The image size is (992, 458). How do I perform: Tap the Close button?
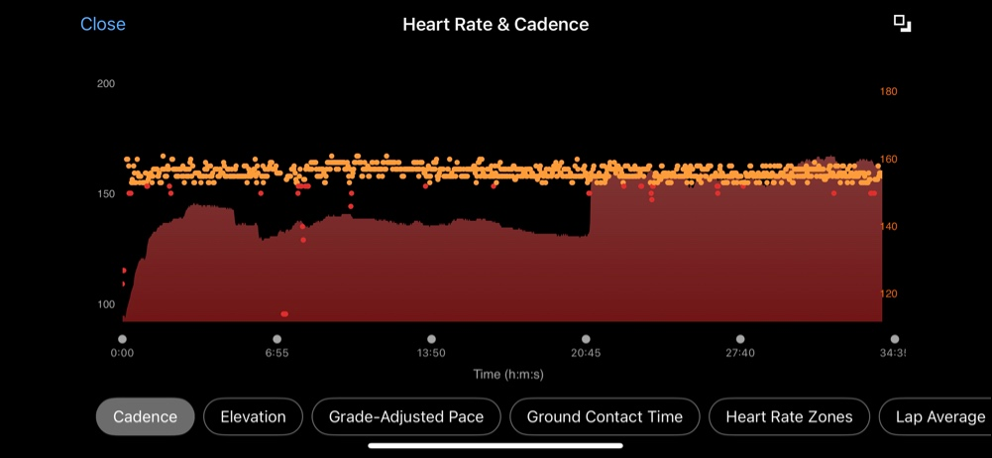point(103,24)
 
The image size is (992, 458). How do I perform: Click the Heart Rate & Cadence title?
point(496,24)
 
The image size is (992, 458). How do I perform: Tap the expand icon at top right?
point(902,24)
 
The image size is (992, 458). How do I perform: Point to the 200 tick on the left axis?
point(106,84)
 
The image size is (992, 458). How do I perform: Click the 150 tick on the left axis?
point(106,194)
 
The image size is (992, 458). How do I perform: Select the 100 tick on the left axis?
point(106,304)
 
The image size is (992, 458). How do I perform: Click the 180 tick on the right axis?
point(888,92)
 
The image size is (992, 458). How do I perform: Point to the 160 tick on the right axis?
point(888,160)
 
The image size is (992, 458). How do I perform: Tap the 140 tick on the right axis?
point(888,227)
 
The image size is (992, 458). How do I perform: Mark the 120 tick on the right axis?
point(888,294)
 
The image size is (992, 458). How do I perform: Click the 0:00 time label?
point(122,353)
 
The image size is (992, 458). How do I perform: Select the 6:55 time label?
point(276,353)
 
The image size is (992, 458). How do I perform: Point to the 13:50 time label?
point(431,353)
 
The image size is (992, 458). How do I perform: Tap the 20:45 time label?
point(586,353)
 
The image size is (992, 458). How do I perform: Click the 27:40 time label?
point(740,353)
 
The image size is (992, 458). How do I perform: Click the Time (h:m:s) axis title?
point(508,375)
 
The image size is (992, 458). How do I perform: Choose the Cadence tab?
point(146,417)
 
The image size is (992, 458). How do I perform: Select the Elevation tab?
point(253,417)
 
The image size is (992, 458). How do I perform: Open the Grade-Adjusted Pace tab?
point(406,417)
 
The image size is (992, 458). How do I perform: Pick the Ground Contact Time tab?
point(605,417)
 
